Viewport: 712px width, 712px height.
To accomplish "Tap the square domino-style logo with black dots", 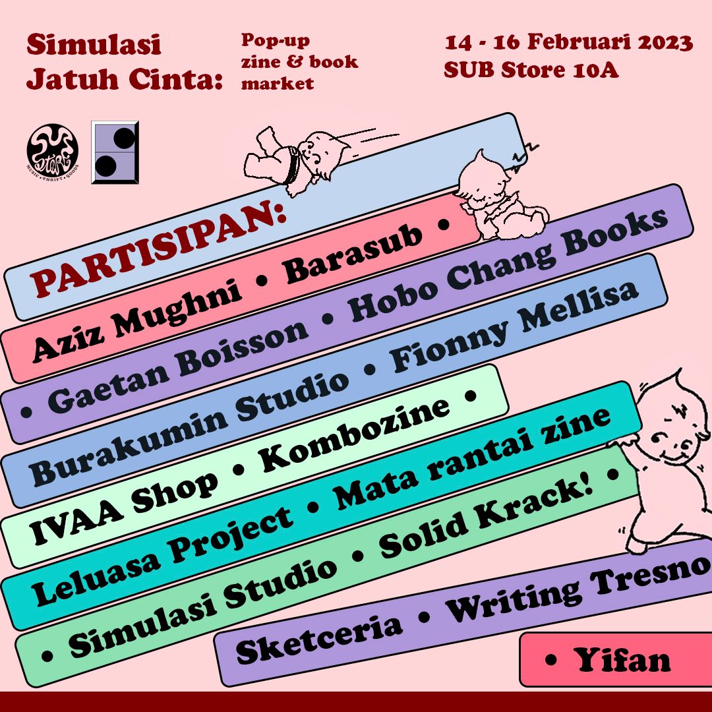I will tap(115, 152).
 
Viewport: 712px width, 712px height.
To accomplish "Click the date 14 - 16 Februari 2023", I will tap(568, 44).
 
